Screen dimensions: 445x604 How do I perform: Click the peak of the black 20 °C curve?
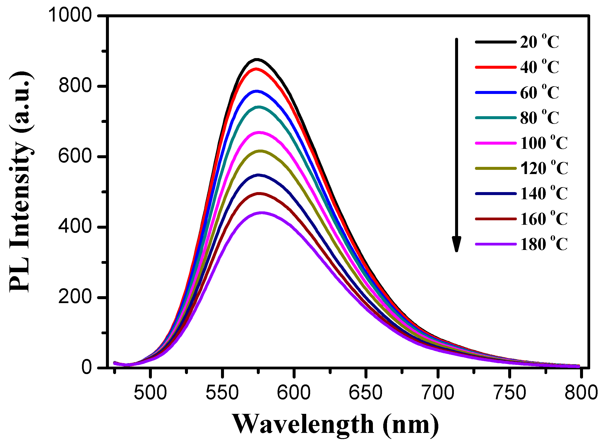[x=257, y=59]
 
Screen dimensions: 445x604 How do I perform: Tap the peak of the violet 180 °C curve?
[x=261, y=213]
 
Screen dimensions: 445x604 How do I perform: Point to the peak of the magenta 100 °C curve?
[x=259, y=132]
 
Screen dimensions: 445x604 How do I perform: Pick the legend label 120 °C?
[x=544, y=168]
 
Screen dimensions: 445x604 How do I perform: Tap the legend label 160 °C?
[x=544, y=219]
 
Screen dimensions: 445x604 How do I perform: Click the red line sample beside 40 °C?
[x=495, y=67]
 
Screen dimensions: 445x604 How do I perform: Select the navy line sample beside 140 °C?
[x=495, y=193]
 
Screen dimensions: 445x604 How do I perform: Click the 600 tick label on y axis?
[x=75, y=156]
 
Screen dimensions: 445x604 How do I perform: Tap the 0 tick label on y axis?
[x=87, y=368]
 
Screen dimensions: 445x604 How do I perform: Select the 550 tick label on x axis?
[x=222, y=393]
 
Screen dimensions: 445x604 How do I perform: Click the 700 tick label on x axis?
[x=438, y=393]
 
